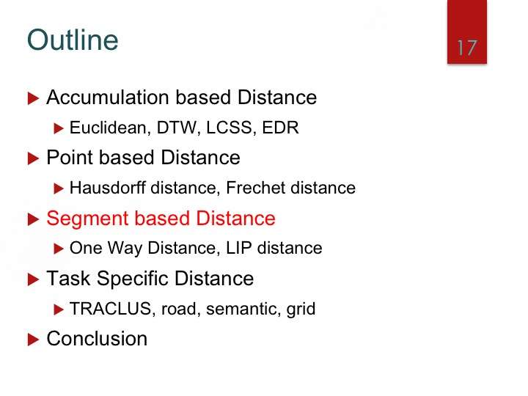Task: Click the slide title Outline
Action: pyautogui.click(x=73, y=40)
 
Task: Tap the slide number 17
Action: pyautogui.click(x=467, y=48)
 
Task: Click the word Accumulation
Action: pyautogui.click(x=108, y=98)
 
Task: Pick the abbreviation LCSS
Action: pyautogui.click(x=229, y=128)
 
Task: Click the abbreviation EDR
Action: pyautogui.click(x=280, y=128)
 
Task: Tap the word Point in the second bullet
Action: pyautogui.click(x=70, y=157)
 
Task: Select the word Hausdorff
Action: pyautogui.click(x=108, y=188)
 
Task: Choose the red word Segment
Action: pyautogui.click(x=87, y=219)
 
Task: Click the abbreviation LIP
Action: pyautogui.click(x=239, y=248)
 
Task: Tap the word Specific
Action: pyautogui.click(x=133, y=279)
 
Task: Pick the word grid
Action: pyautogui.click(x=301, y=309)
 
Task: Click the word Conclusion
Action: pyautogui.click(x=97, y=338)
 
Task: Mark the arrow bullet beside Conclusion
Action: pyautogui.click(x=33, y=340)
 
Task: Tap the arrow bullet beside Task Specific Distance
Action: pyautogui.click(x=33, y=279)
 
